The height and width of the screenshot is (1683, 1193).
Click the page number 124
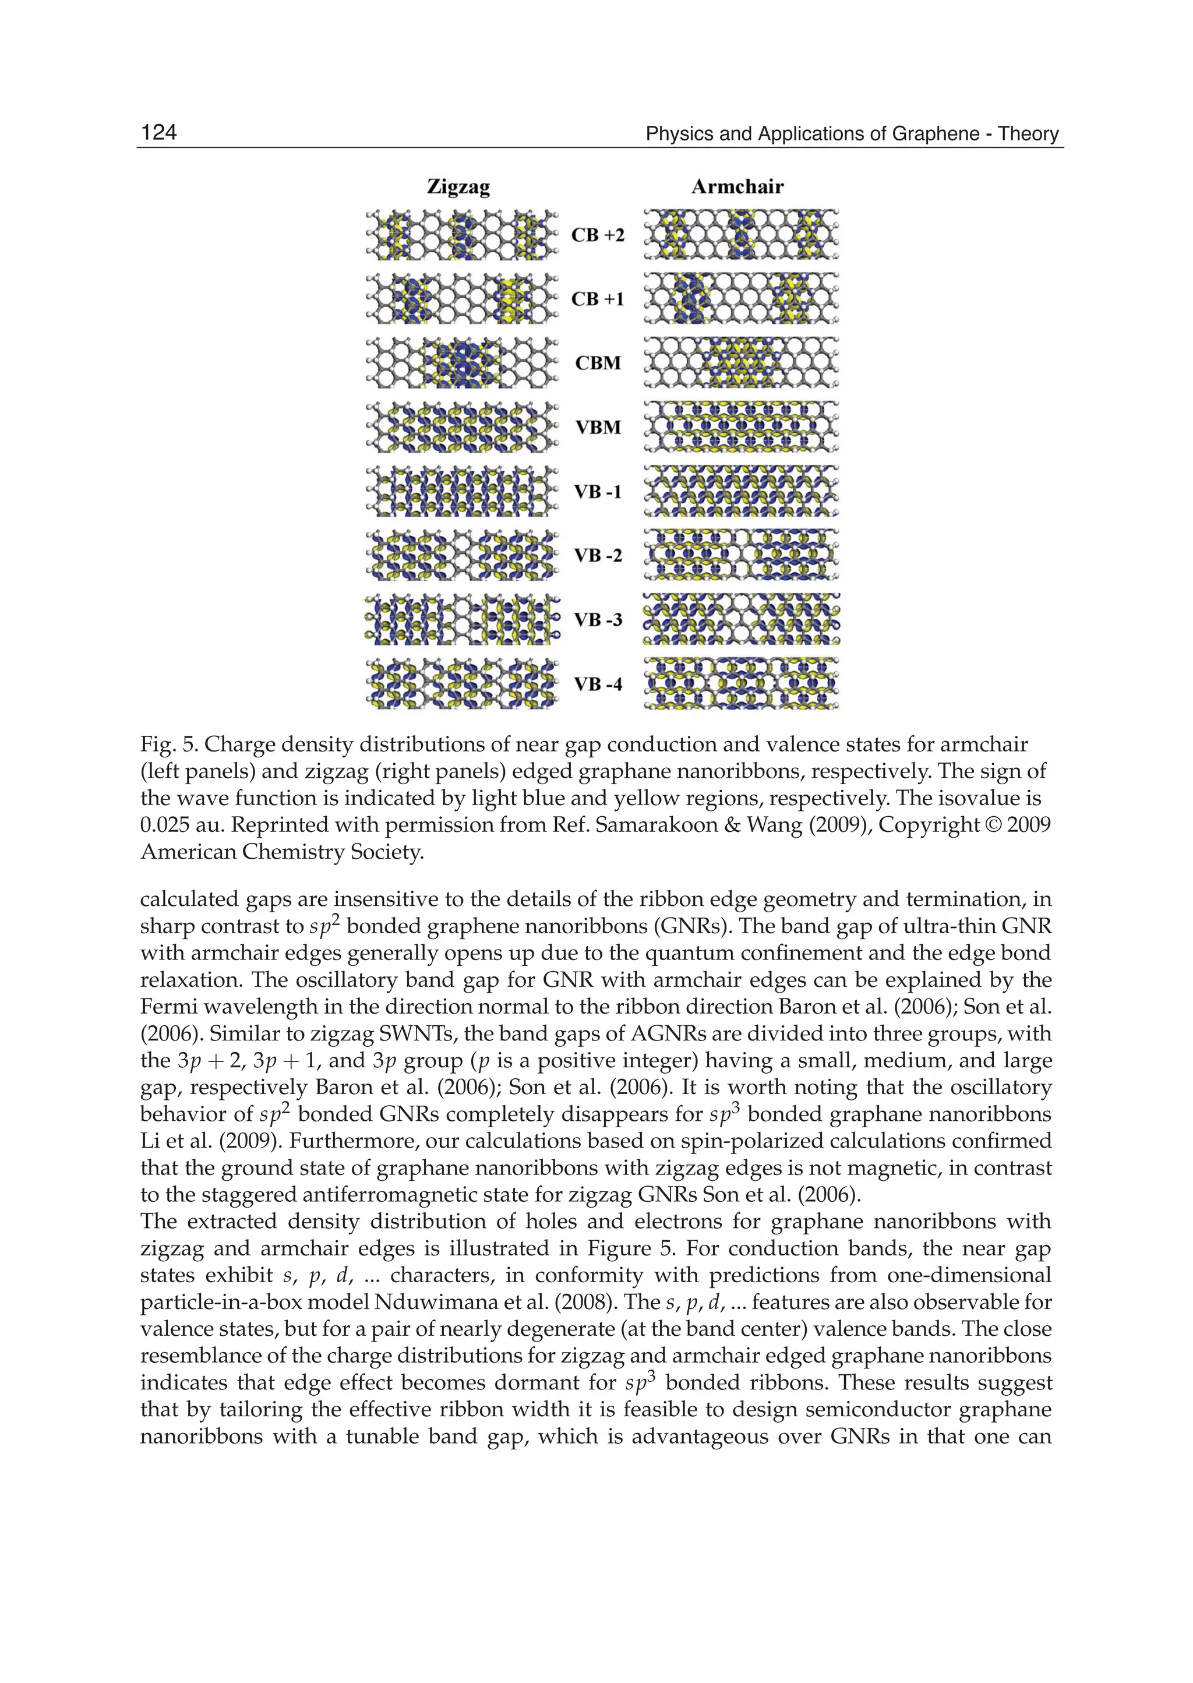tap(158, 132)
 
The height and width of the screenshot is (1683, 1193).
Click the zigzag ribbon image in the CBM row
tap(461, 363)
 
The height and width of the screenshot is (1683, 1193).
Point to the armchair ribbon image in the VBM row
tap(741, 427)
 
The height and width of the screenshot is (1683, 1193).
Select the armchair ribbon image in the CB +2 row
tap(741, 234)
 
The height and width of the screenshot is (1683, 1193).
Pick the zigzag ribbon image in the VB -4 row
tap(461, 684)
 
